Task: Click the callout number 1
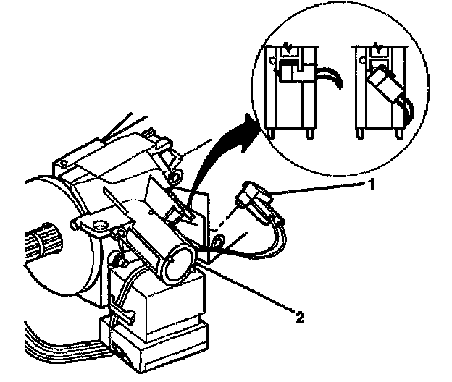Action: pyautogui.click(x=372, y=184)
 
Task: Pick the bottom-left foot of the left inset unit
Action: pyautogui.click(x=269, y=132)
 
